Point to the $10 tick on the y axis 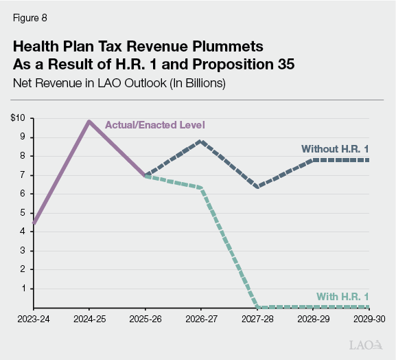click(x=18, y=118)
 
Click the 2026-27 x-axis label click(x=199, y=319)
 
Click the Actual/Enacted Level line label click(x=155, y=125)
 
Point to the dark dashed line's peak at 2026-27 click(x=200, y=141)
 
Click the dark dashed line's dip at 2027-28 click(x=257, y=187)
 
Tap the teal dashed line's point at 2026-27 click(x=200, y=188)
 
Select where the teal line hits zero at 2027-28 click(x=257, y=306)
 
